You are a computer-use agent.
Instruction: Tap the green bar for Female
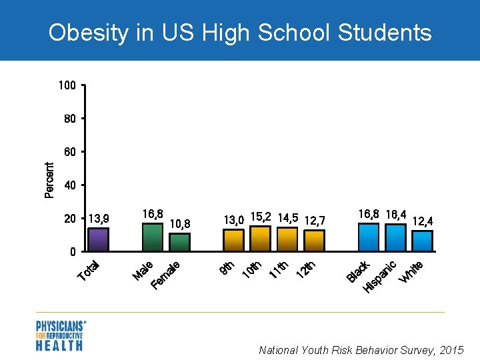click(x=179, y=242)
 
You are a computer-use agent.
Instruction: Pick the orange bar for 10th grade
click(x=260, y=238)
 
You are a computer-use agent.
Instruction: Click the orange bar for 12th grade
click(x=314, y=240)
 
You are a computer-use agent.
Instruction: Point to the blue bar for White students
click(x=423, y=241)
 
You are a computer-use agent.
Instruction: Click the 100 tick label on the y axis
click(x=67, y=85)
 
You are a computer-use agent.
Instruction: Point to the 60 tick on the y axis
click(x=70, y=152)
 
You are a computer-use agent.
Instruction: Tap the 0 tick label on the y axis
click(x=73, y=253)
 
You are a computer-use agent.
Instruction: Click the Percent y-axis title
click(x=49, y=180)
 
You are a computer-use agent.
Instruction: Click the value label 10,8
click(x=180, y=224)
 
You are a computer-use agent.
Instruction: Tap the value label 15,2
click(x=261, y=217)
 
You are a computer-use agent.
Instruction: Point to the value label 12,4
click(x=423, y=221)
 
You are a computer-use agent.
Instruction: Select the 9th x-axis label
click(x=227, y=267)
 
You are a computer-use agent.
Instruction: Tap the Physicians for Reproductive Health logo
click(x=60, y=335)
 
